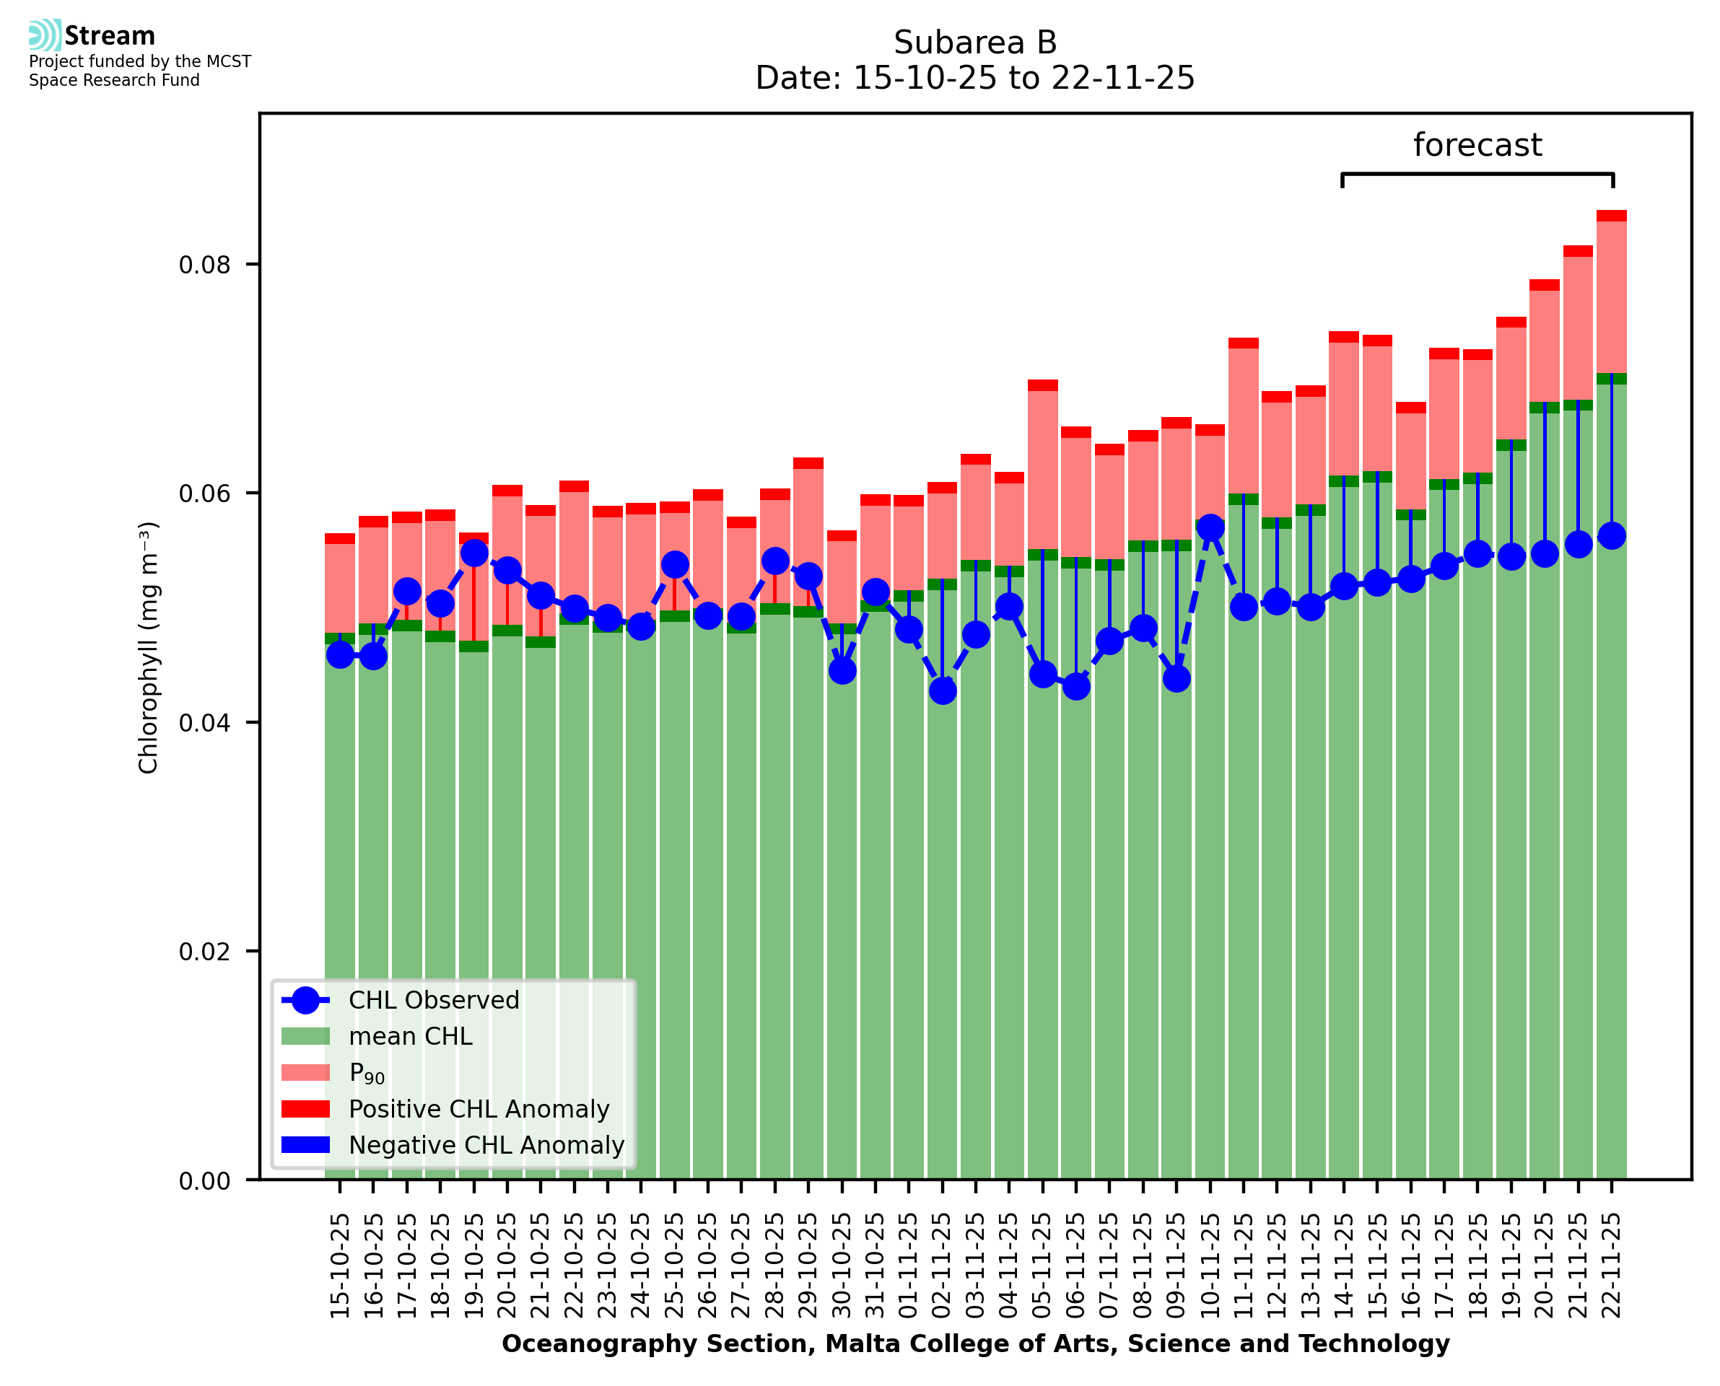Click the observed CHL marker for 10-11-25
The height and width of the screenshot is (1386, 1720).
(x=1210, y=527)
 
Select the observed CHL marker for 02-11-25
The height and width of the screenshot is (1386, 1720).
(x=942, y=690)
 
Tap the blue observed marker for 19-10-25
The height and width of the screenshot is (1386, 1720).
(x=474, y=553)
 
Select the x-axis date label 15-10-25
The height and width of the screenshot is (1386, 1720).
(x=340, y=1266)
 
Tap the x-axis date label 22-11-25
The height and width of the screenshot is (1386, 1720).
(x=1612, y=1266)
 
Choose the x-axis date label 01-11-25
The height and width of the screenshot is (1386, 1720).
(x=909, y=1266)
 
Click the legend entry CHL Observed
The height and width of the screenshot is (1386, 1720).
(x=434, y=1001)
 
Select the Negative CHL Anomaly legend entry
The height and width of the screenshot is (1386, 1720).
(x=486, y=1145)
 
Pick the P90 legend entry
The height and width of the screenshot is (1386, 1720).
(x=367, y=1073)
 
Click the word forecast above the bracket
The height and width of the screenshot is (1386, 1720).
(x=1477, y=145)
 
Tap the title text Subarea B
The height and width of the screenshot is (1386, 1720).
(x=975, y=43)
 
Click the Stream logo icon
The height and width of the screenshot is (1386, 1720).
(x=45, y=35)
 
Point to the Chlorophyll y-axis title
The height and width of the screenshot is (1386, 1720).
(x=149, y=647)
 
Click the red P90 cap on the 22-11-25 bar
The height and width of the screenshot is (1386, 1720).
(x=1612, y=216)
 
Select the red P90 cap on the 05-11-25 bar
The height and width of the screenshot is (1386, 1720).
(x=1042, y=385)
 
